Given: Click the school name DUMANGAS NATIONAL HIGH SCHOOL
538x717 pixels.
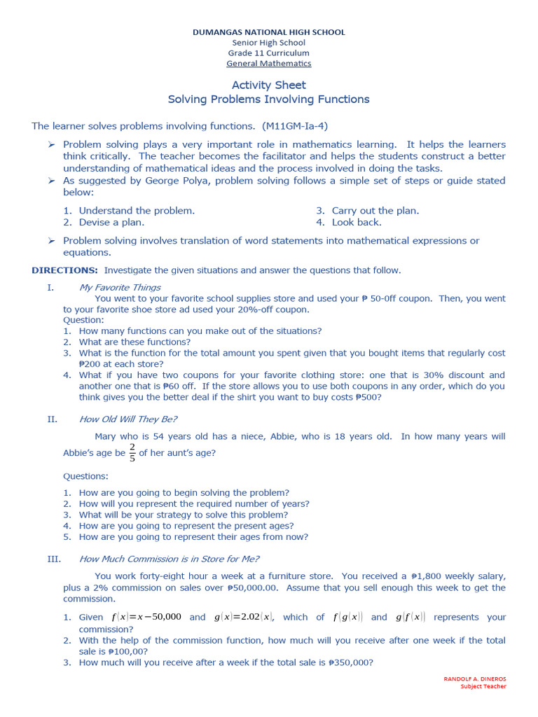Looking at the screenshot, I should pos(269,32).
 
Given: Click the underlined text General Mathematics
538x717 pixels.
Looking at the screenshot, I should pos(269,64).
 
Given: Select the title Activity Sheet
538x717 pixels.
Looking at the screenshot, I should pos(269,85).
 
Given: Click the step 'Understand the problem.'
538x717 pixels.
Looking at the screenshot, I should pos(137,211).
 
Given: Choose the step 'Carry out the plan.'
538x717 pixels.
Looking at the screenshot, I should pos(375,211).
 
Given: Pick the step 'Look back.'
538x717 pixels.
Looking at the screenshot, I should pos(357,223).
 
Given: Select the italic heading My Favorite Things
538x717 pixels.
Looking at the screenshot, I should pos(120,287).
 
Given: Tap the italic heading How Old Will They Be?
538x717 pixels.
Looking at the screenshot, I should pos(128,419).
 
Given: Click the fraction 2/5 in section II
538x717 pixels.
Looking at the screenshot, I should pos(132,453).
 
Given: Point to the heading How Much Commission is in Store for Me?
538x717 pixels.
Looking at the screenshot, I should pos(169,559).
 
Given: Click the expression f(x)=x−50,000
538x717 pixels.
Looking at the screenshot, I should pos(146,617).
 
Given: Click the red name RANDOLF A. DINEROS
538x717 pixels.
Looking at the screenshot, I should pos(475,679).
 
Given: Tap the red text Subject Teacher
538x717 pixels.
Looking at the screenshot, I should pos(483,687).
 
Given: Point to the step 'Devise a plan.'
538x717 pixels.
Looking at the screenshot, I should pos(111,223).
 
